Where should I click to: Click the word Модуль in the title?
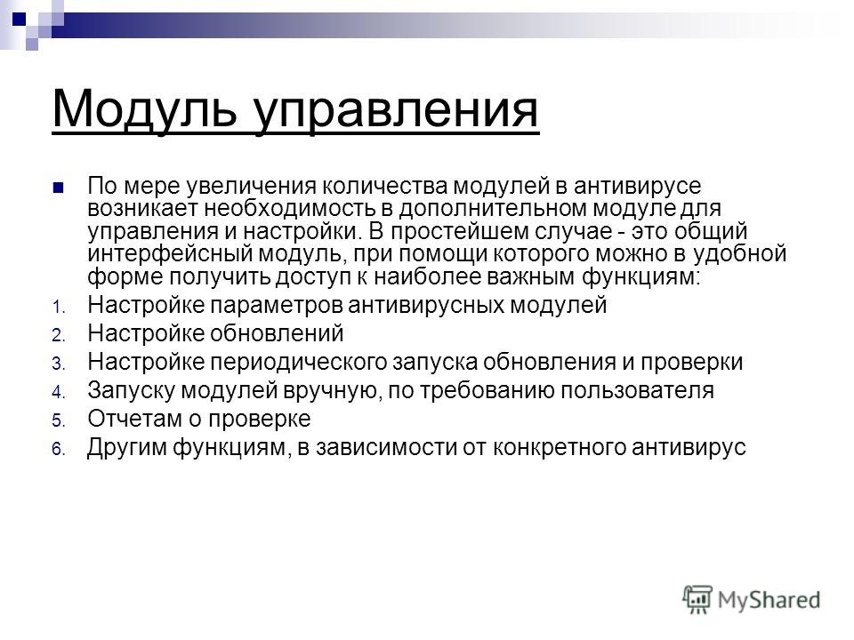[x=144, y=108]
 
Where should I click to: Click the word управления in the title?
[x=397, y=113]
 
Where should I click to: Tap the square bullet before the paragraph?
[x=58, y=188]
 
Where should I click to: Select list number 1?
[x=59, y=308]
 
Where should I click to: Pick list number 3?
[x=59, y=364]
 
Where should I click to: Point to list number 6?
[x=59, y=450]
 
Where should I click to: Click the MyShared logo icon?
[x=697, y=598]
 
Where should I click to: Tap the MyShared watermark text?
[x=769, y=600]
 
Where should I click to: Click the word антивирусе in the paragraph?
[x=637, y=186]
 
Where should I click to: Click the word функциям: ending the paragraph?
[x=640, y=277]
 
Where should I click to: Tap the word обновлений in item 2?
[x=277, y=333]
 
